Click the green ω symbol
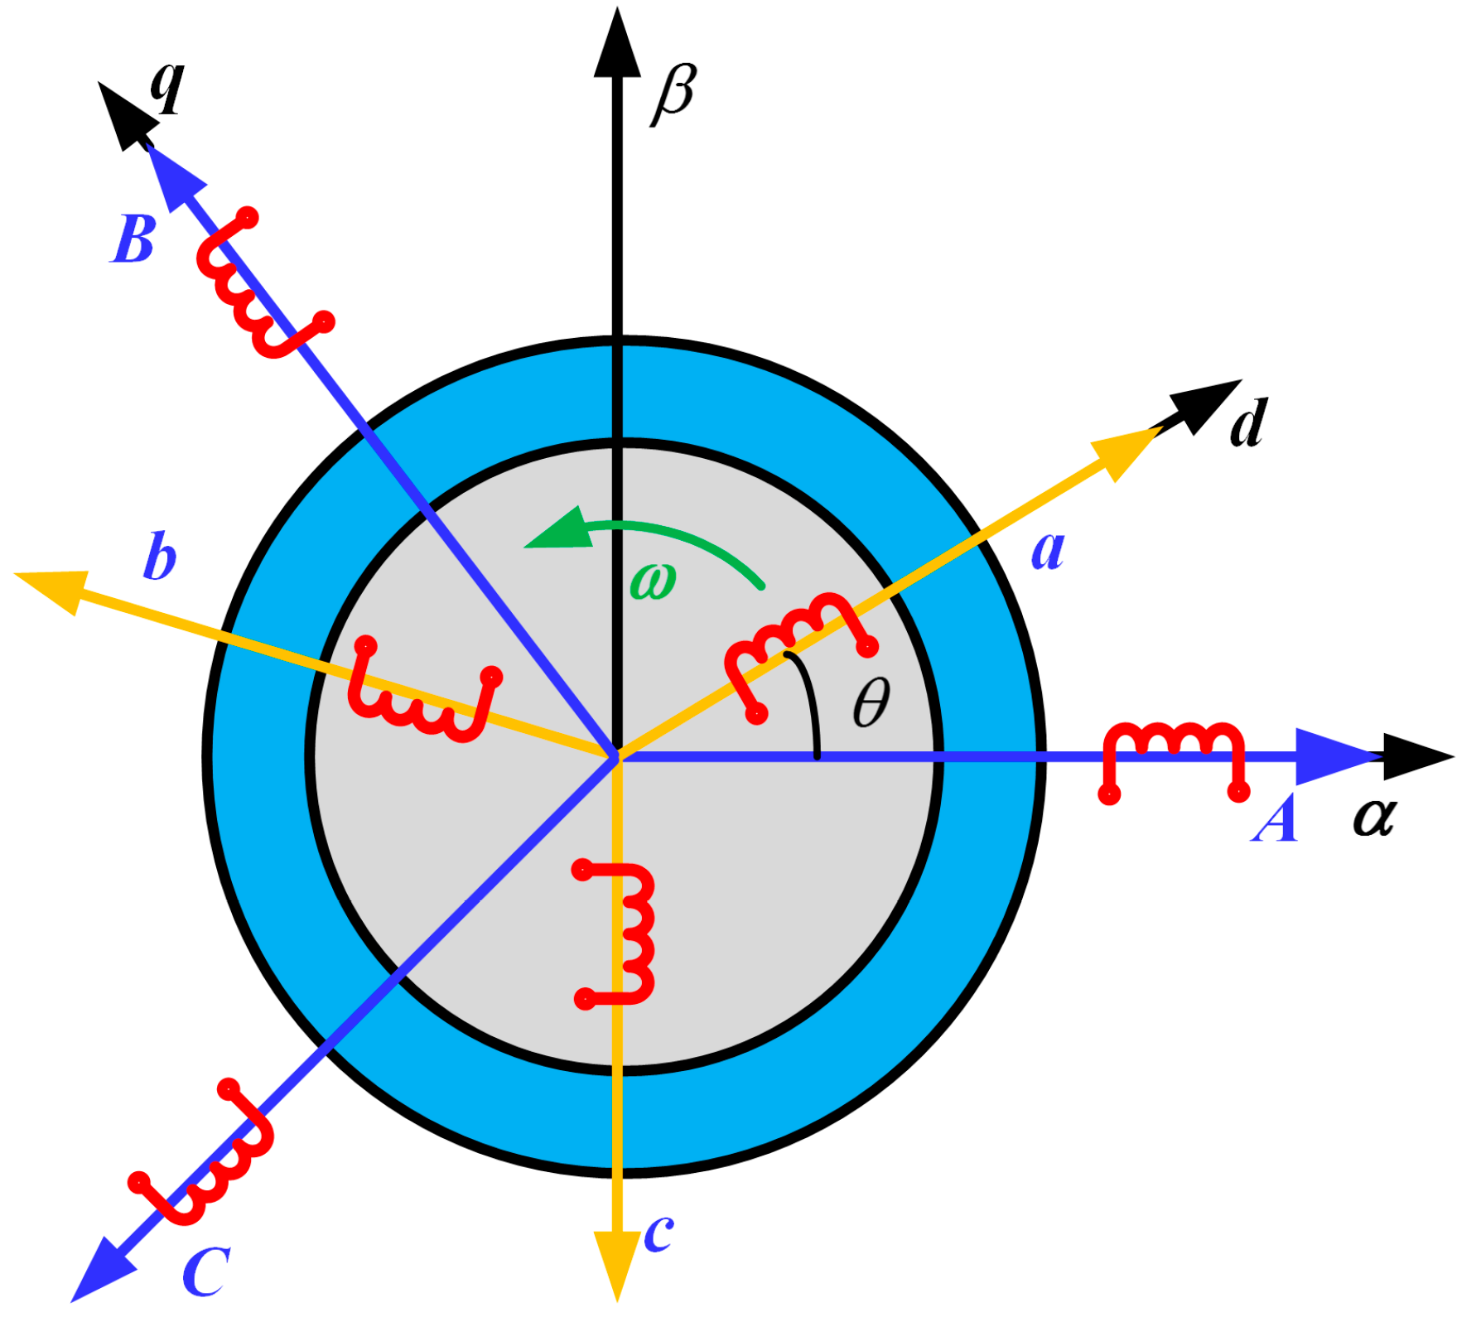(x=653, y=581)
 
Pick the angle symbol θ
(x=871, y=702)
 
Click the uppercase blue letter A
(x=1274, y=819)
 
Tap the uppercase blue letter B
(x=133, y=240)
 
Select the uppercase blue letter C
(x=205, y=1271)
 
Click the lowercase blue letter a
(x=1048, y=550)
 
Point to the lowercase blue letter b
(x=159, y=557)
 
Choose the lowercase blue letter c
(x=658, y=1233)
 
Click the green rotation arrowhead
(x=562, y=530)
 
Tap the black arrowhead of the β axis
(x=617, y=46)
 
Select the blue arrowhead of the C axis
(x=104, y=1267)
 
